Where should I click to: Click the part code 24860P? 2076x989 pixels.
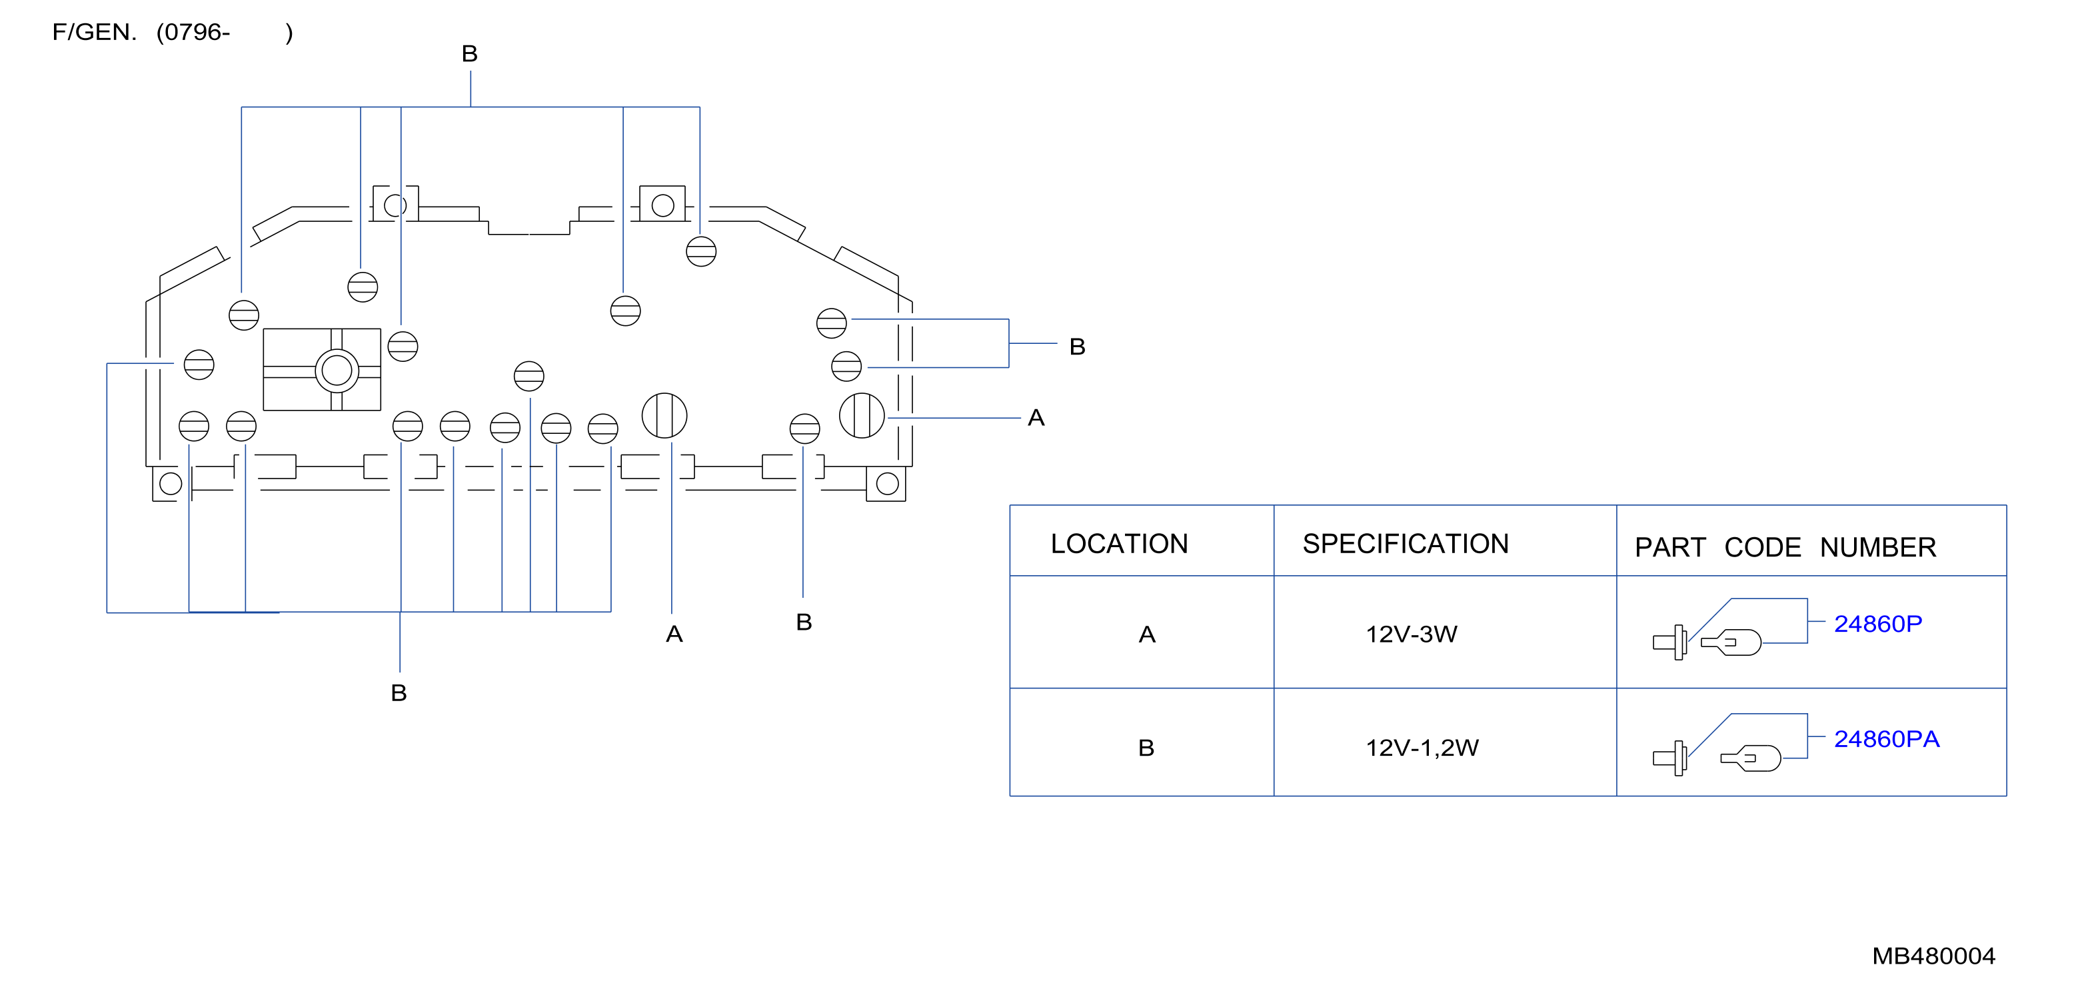[x=1878, y=624]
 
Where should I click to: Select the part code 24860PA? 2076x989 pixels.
[x=1887, y=739]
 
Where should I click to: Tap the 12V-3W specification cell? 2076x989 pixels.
[x=1411, y=634]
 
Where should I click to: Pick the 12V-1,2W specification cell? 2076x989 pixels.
[x=1422, y=748]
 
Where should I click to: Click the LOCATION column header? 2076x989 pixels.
[x=1120, y=544]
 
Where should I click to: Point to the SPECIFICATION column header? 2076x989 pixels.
[x=1406, y=544]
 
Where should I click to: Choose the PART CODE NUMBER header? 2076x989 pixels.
[x=1785, y=548]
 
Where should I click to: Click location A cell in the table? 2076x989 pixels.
[x=1147, y=635]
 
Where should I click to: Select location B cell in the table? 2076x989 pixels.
[x=1146, y=748]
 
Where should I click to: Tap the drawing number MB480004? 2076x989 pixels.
[x=1933, y=956]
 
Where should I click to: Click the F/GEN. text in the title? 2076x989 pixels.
[x=94, y=32]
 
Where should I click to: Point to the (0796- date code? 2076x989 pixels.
[x=193, y=32]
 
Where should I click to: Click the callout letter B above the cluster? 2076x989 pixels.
[x=470, y=53]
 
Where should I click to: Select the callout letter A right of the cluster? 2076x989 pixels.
[x=1036, y=417]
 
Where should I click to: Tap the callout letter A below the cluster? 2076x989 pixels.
[x=674, y=634]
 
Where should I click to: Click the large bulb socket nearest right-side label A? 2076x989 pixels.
[x=862, y=416]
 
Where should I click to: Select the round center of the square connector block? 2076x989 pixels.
[x=337, y=371]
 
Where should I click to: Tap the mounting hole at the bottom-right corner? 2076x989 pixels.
[x=887, y=484]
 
